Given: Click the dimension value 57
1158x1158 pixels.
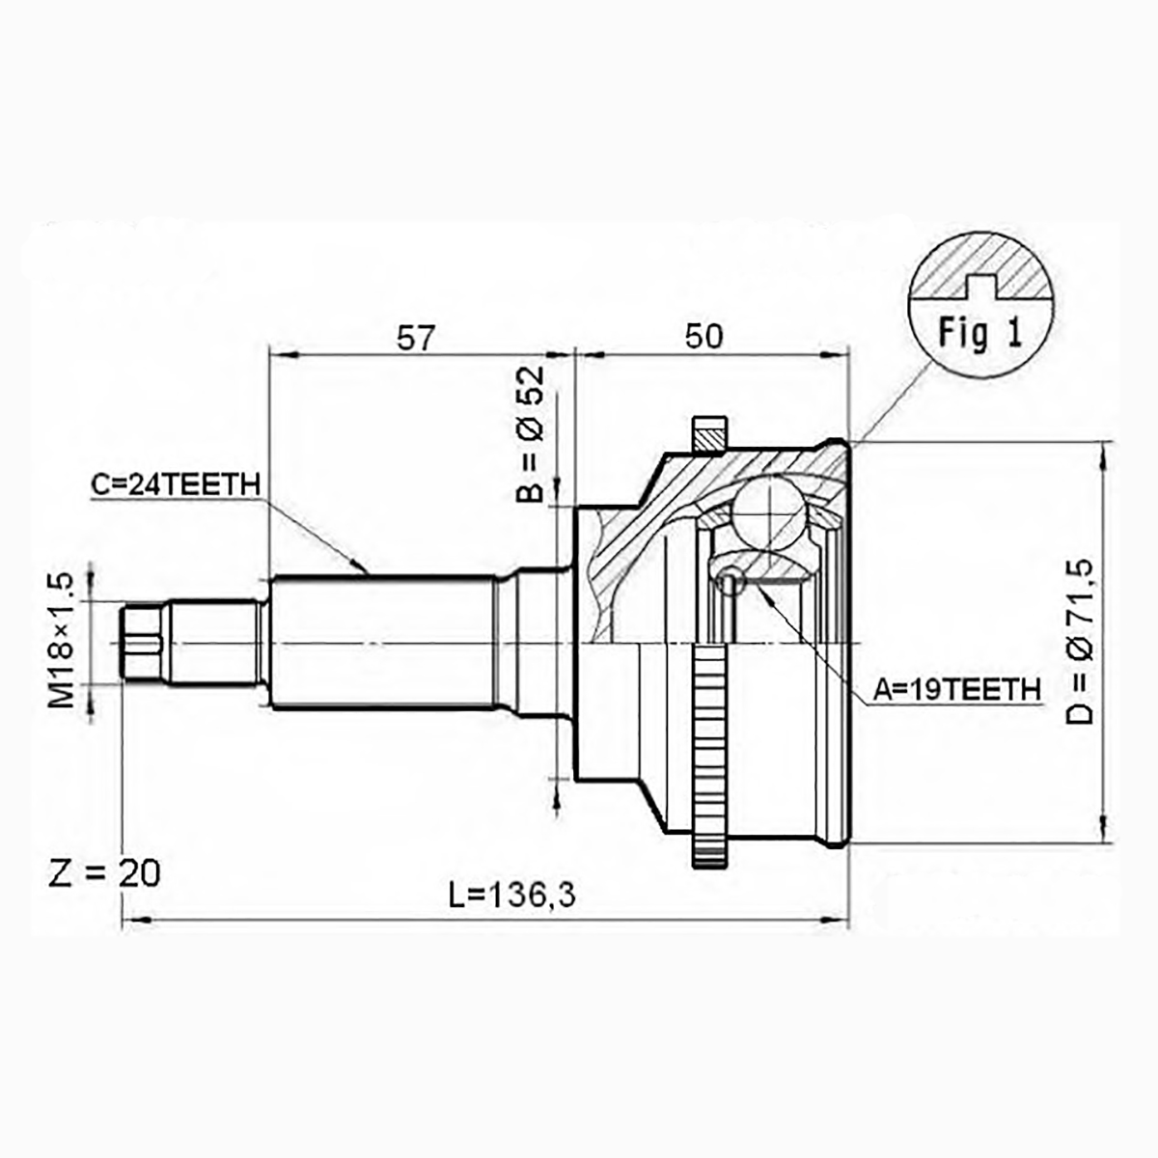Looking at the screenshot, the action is point(415,339).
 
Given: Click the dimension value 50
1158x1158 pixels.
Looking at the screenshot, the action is point(704,337).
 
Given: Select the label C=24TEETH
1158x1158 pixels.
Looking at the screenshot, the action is point(176,484).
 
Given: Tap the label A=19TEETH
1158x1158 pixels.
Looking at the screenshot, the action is point(956,690).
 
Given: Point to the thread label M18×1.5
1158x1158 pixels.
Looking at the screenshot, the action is point(62,641).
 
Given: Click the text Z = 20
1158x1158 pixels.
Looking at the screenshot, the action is point(104,873).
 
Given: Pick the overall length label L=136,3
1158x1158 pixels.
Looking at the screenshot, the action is point(512,896).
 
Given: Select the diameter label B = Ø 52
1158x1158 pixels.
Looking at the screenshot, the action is point(530,434).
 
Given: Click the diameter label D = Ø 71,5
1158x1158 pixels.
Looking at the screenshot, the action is point(1080,642).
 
